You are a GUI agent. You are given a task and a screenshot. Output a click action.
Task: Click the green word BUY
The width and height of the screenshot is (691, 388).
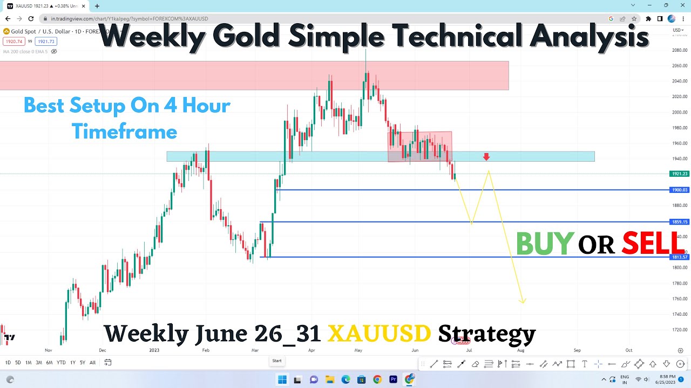(x=544, y=244)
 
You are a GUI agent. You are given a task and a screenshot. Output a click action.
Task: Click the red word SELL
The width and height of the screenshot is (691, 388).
(x=653, y=244)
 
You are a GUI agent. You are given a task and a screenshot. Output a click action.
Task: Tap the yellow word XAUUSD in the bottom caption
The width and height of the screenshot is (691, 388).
(x=379, y=334)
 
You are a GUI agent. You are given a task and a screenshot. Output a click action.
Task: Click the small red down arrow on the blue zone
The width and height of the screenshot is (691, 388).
(x=486, y=157)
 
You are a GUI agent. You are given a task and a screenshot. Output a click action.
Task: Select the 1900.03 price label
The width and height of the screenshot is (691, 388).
(x=680, y=190)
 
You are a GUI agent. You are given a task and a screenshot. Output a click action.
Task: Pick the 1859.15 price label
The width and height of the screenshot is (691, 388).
(x=680, y=221)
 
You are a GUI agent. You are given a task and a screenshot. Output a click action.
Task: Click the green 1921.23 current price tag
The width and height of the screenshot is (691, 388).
(x=680, y=174)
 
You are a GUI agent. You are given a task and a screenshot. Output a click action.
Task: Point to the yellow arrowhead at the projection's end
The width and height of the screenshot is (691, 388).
(x=523, y=301)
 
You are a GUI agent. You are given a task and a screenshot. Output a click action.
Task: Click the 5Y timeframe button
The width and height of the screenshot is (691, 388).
(x=83, y=363)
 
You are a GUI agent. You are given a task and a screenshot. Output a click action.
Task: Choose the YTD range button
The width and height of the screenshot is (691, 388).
(x=61, y=363)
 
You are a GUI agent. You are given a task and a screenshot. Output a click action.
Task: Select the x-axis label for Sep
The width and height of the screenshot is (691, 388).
(x=577, y=350)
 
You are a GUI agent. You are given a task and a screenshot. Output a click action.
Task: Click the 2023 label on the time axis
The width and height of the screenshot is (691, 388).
(x=154, y=350)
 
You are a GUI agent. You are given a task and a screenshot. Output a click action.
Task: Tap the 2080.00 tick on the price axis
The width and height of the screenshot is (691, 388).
(x=680, y=50)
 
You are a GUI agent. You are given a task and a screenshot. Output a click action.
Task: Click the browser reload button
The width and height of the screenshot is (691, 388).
(x=31, y=18)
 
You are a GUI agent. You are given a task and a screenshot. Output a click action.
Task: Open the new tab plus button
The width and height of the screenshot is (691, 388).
(x=97, y=6)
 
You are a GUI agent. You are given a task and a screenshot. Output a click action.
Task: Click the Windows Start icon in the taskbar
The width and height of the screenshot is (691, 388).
(x=282, y=379)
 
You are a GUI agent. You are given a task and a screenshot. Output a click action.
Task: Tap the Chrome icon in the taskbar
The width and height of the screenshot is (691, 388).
(x=377, y=379)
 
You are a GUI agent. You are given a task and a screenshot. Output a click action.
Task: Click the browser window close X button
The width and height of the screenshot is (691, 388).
(x=681, y=5)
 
